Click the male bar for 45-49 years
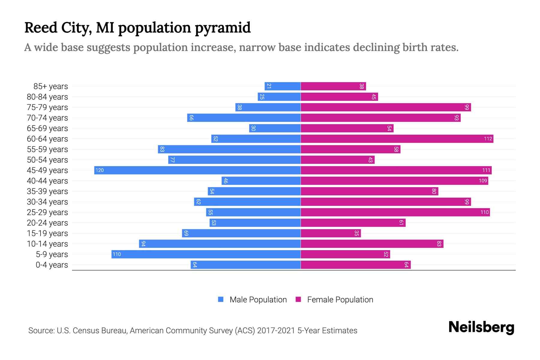point(197,170)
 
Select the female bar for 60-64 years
point(397,139)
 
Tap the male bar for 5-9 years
point(206,254)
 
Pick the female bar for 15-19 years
point(331,233)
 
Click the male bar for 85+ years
point(283,86)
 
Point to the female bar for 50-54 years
point(337,160)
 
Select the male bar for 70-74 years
point(244,118)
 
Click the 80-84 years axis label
point(47,97)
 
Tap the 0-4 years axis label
point(52,265)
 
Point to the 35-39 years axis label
point(47,191)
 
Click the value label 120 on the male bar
point(100,170)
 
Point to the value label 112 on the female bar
point(488,139)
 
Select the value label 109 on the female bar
point(483,181)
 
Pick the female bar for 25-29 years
point(395,212)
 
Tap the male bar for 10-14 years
point(220,244)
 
